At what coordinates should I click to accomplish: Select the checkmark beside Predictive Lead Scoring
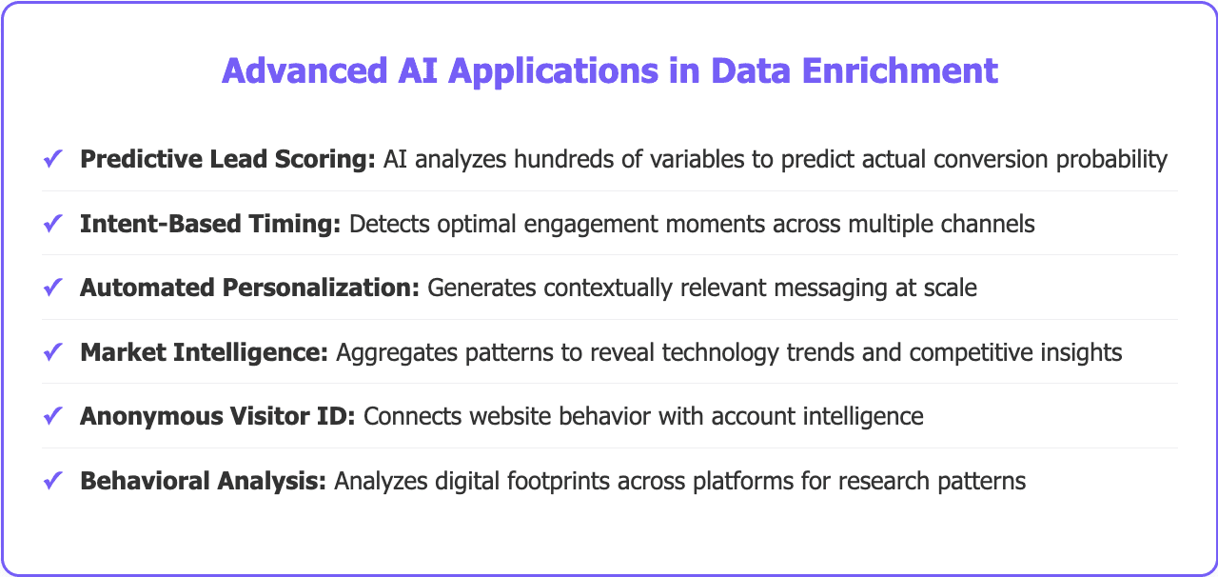click(x=53, y=159)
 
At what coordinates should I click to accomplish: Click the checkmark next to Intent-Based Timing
click(x=53, y=224)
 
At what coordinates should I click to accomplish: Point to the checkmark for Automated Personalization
click(x=53, y=288)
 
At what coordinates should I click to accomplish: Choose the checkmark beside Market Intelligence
click(x=53, y=352)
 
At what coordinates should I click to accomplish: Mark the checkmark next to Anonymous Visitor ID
click(x=53, y=416)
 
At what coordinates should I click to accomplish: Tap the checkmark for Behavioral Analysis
click(x=53, y=481)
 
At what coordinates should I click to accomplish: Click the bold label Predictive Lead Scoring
click(x=228, y=159)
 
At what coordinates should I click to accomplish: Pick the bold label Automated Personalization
click(x=250, y=288)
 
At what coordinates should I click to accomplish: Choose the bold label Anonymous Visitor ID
click(x=218, y=416)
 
